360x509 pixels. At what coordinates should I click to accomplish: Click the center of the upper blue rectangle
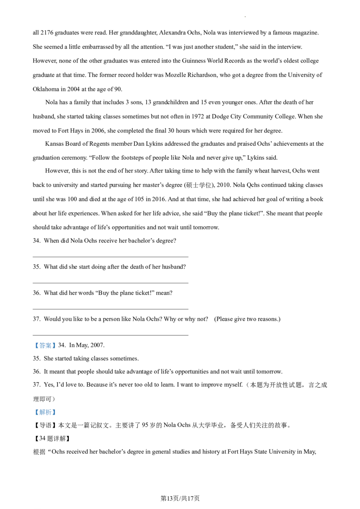(45, 345)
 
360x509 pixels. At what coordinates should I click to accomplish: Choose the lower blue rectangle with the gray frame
(45, 412)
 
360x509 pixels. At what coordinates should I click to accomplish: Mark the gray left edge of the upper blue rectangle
(33, 345)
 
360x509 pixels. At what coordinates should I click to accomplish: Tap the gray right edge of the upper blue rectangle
(57, 345)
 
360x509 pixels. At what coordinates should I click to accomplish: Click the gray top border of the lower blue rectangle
(45, 407)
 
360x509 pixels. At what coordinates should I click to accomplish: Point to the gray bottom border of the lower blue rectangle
(45, 416)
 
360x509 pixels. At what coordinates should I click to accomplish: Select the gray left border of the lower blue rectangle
(33, 412)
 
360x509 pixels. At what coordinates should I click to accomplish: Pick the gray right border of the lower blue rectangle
(57, 412)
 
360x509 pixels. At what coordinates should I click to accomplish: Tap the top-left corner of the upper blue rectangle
(33, 342)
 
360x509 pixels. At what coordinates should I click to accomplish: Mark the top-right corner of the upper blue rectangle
(57, 342)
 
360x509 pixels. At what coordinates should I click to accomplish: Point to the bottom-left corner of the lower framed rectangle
(33, 416)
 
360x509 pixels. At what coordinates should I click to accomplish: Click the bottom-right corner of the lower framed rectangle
(57, 416)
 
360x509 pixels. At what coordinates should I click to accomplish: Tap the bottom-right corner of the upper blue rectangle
(57, 348)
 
